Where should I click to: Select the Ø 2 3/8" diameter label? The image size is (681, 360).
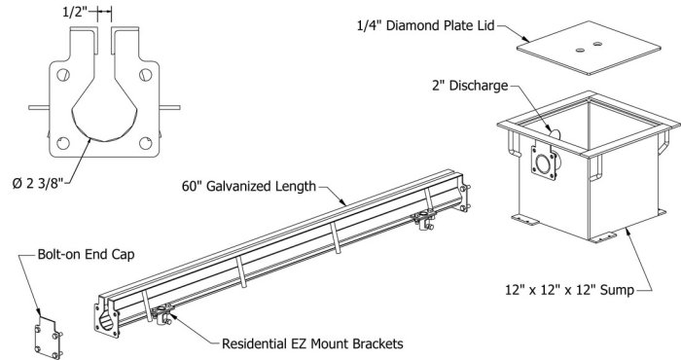pyautogui.click(x=38, y=183)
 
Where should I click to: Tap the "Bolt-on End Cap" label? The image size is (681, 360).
pyautogui.click(x=86, y=254)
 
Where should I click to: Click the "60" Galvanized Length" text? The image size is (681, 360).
pyautogui.click(x=249, y=186)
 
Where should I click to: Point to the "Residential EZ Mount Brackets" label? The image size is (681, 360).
pyautogui.click(x=312, y=343)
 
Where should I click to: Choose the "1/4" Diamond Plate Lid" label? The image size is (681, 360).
pyautogui.click(x=426, y=25)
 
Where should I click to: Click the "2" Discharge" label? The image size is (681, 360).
pyautogui.click(x=470, y=86)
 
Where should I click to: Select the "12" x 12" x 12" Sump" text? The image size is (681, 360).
pyautogui.click(x=569, y=290)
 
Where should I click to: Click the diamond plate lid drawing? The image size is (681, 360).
pyautogui.click(x=589, y=48)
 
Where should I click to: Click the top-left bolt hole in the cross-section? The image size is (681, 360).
pyautogui.click(x=63, y=75)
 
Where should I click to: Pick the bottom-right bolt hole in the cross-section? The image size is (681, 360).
pyautogui.click(x=146, y=143)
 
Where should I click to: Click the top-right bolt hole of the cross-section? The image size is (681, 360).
pyautogui.click(x=146, y=75)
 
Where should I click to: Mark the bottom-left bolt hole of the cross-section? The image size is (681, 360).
pyautogui.click(x=63, y=143)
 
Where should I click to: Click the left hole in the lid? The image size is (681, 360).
pyautogui.click(x=580, y=50)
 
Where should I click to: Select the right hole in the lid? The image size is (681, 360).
pyautogui.click(x=597, y=44)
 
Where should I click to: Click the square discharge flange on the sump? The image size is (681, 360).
pyautogui.click(x=543, y=162)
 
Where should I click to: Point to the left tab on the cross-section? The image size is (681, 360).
pyautogui.click(x=39, y=107)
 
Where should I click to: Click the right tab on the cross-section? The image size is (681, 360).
pyautogui.click(x=170, y=107)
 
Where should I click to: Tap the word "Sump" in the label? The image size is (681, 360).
pyautogui.click(x=617, y=290)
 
